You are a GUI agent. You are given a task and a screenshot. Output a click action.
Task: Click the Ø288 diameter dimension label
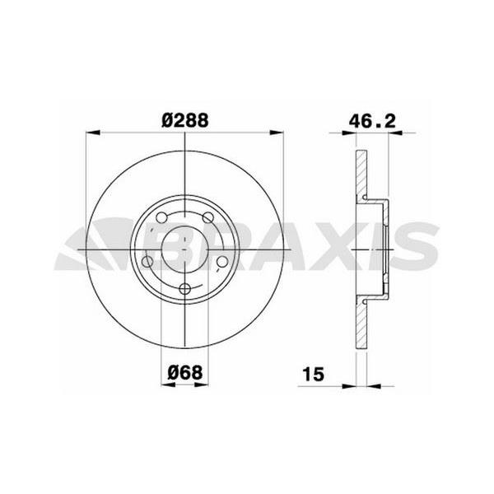tap(184, 120)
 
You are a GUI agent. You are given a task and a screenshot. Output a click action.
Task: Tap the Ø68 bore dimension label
tap(186, 373)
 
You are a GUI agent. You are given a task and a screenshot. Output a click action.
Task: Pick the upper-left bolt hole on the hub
tap(161, 218)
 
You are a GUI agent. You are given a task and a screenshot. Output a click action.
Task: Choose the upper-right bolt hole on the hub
tap(208, 217)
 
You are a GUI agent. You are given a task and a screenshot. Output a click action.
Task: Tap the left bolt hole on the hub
tap(148, 262)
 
